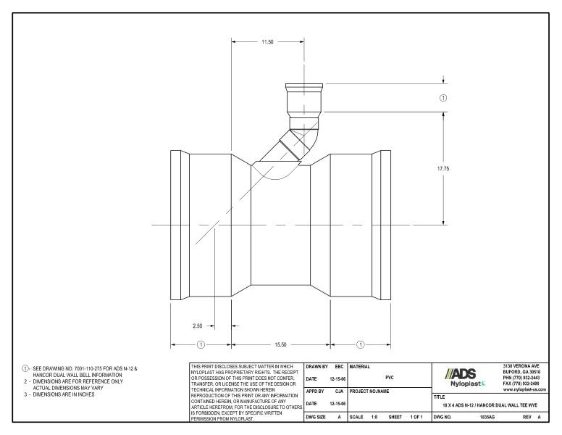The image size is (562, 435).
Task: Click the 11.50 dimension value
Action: pos(267,42)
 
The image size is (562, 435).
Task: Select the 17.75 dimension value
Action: pos(443,167)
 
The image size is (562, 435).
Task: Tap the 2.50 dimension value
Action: pos(197,326)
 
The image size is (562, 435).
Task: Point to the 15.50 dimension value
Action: pos(282,344)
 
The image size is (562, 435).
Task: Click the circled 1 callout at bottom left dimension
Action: pos(201,344)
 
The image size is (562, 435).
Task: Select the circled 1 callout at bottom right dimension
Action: pos(361,344)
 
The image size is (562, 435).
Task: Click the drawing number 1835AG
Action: pos(490,419)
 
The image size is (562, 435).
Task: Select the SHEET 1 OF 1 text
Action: pos(406,419)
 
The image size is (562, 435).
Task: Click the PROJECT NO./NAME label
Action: pos(371,391)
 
